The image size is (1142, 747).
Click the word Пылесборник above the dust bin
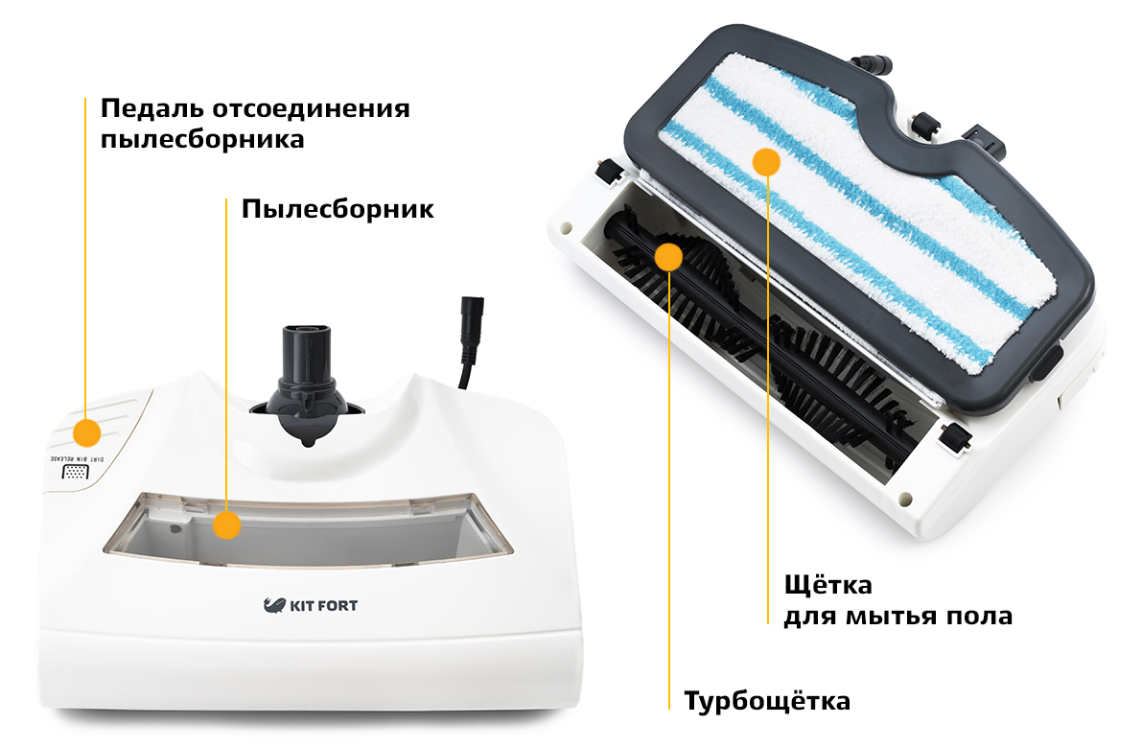pyautogui.click(x=338, y=209)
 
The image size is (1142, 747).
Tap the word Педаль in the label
pyautogui.click(x=151, y=109)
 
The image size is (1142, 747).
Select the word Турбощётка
pyautogui.click(x=767, y=701)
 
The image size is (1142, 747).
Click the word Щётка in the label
pyautogui.click(x=828, y=585)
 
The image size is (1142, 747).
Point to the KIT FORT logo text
pyautogui.click(x=323, y=606)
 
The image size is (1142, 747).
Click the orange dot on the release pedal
pyautogui.click(x=86, y=432)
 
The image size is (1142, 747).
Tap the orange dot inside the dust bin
pyautogui.click(x=227, y=525)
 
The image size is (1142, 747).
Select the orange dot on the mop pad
pyautogui.click(x=766, y=162)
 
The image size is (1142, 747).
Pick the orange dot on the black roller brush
pyautogui.click(x=668, y=256)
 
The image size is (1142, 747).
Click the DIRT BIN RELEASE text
pyautogui.click(x=78, y=459)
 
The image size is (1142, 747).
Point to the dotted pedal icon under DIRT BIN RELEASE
pyautogui.click(x=75, y=473)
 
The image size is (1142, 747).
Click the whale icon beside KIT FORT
pyautogui.click(x=274, y=605)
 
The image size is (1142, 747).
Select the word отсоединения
pyautogui.click(x=311, y=109)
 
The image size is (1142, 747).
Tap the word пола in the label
pyautogui.click(x=979, y=617)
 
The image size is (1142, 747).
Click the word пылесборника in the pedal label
pyautogui.click(x=202, y=140)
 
